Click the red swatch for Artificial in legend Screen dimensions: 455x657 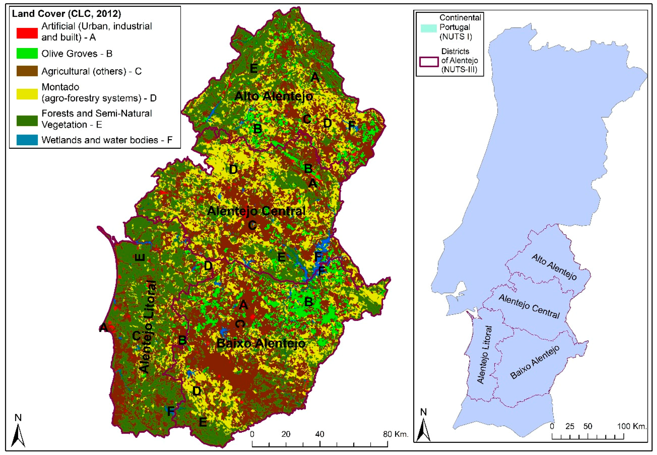point(27,33)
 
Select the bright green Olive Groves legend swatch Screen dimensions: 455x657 point(27,53)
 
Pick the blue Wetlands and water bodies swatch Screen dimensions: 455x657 point(27,140)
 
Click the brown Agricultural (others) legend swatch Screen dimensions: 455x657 point(27,71)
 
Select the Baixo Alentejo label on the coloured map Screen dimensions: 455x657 point(261,343)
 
